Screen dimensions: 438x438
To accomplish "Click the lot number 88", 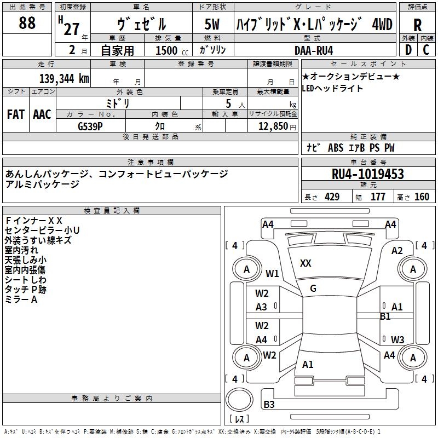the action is click(x=27, y=22).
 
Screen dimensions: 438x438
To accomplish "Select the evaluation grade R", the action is click(x=417, y=25).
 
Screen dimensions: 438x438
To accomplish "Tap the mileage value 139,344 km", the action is click(x=64, y=79).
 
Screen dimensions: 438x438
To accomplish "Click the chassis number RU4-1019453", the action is click(x=367, y=174).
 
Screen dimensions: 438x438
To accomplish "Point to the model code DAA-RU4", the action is click(x=314, y=50).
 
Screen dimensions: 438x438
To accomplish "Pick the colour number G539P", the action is click(x=90, y=126).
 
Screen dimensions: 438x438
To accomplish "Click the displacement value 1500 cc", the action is click(x=172, y=50).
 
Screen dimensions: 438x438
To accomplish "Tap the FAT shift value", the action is click(x=16, y=114).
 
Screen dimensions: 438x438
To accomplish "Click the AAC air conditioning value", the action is click(x=42, y=114).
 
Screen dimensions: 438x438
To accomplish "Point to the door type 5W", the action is click(x=212, y=24).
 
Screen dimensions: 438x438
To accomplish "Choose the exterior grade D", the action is click(x=408, y=50).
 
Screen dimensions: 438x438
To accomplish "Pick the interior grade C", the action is click(x=426, y=50).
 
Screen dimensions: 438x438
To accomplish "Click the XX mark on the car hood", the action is click(x=306, y=263).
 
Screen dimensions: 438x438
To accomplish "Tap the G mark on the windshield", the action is click(x=313, y=289).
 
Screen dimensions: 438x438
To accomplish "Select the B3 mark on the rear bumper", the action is click(x=269, y=404).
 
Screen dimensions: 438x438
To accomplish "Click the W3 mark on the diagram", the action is click(x=397, y=339).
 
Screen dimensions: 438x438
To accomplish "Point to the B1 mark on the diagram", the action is click(x=385, y=316).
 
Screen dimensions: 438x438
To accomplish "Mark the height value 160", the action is click(x=422, y=197).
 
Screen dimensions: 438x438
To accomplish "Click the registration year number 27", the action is click(x=72, y=29).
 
